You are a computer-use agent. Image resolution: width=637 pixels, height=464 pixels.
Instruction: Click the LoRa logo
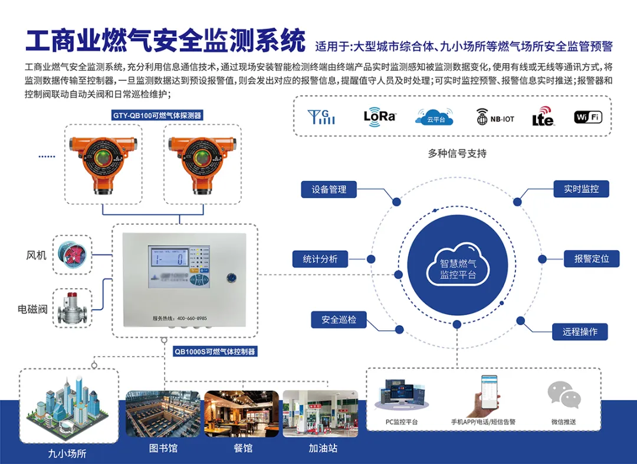[379, 116]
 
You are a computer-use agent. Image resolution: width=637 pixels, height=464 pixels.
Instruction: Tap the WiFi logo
[588, 117]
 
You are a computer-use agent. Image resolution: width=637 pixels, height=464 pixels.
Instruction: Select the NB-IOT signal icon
[495, 117]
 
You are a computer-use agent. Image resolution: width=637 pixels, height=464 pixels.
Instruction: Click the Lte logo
[543, 116]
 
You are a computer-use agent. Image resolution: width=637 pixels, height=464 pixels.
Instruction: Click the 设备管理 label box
[329, 189]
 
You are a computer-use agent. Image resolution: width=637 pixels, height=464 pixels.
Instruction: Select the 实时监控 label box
[581, 189]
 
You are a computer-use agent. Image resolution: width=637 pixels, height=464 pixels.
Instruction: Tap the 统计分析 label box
[320, 259]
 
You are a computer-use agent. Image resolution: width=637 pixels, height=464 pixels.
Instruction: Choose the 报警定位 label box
[592, 259]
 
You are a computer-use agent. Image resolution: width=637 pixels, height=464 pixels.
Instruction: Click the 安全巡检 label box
[339, 320]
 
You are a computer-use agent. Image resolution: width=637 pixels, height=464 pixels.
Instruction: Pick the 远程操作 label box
[580, 332]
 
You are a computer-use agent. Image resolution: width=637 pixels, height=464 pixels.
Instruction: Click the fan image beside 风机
[73, 254]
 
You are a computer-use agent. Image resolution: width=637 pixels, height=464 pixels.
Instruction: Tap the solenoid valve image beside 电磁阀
[73, 308]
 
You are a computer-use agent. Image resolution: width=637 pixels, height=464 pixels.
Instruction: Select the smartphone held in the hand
[489, 392]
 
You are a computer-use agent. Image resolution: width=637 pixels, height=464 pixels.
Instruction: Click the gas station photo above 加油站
[320, 413]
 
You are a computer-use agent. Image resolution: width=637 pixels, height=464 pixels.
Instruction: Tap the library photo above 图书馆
[163, 413]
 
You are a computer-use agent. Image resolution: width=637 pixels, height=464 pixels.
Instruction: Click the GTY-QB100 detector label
[157, 116]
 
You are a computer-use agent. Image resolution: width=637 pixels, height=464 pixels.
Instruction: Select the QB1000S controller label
[215, 351]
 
